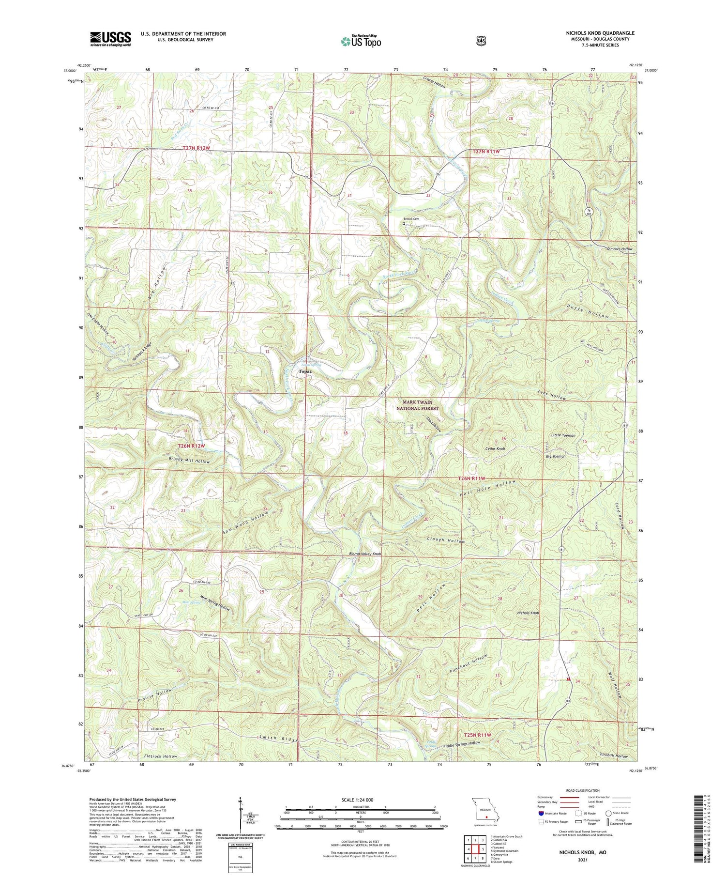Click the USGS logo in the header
pos(110,39)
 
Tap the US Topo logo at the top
pos(361,41)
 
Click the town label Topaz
pos(305,371)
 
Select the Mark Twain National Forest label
pos(417,405)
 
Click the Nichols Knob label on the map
pos(528,613)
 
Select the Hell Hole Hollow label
pos(487,491)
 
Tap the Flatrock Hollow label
pos(160,756)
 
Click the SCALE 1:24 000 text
pos(360,800)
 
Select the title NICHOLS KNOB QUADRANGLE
pos(600,33)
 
